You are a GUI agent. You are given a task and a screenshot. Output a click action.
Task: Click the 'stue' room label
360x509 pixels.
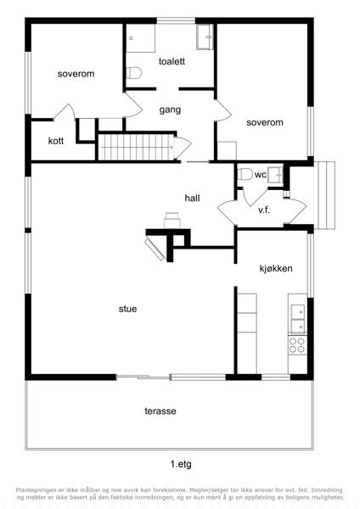pyautogui.click(x=127, y=309)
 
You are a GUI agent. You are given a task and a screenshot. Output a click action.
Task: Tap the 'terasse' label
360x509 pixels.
pyautogui.click(x=160, y=411)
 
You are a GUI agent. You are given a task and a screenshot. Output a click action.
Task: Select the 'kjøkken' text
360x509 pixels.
pyautogui.click(x=276, y=268)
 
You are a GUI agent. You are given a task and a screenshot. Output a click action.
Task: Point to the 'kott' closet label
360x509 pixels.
pyautogui.click(x=56, y=141)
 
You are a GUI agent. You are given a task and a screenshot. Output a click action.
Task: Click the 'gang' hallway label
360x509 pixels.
pyautogui.click(x=170, y=110)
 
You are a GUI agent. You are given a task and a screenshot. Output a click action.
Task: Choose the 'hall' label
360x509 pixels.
pyautogui.click(x=192, y=198)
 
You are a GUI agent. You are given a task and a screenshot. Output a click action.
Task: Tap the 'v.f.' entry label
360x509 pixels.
pyautogui.click(x=264, y=210)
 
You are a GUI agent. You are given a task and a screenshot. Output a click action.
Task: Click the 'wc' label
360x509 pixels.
pyautogui.click(x=261, y=175)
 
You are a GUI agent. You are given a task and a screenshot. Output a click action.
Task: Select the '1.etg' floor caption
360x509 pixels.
pyautogui.click(x=181, y=464)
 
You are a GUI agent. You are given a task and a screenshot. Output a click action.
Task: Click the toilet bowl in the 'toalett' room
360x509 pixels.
pyautogui.click(x=133, y=73)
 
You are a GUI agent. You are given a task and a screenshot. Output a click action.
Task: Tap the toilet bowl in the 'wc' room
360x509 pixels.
pyautogui.click(x=245, y=174)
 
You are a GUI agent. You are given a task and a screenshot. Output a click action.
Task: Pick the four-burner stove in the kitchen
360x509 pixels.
pyautogui.click(x=297, y=345)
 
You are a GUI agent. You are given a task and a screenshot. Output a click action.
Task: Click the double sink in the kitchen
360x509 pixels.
pyautogui.click(x=298, y=319)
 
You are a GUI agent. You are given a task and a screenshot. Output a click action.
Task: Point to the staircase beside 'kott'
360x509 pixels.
pyautogui.click(x=136, y=147)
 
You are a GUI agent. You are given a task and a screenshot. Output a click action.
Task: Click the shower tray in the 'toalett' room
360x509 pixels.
pyautogui.click(x=140, y=38)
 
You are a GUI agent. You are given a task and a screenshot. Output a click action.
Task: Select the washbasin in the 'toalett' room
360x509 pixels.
pyautogui.click(x=205, y=36)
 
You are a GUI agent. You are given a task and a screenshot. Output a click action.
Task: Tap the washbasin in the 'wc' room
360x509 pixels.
pyautogui.click(x=276, y=175)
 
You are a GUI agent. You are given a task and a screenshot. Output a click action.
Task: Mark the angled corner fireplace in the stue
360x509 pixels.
pyautogui.click(x=155, y=249)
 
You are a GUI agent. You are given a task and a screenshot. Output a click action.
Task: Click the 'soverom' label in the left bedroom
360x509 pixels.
pyautogui.click(x=76, y=74)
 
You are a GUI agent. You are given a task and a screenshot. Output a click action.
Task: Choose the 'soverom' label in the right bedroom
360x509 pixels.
pyautogui.click(x=265, y=122)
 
